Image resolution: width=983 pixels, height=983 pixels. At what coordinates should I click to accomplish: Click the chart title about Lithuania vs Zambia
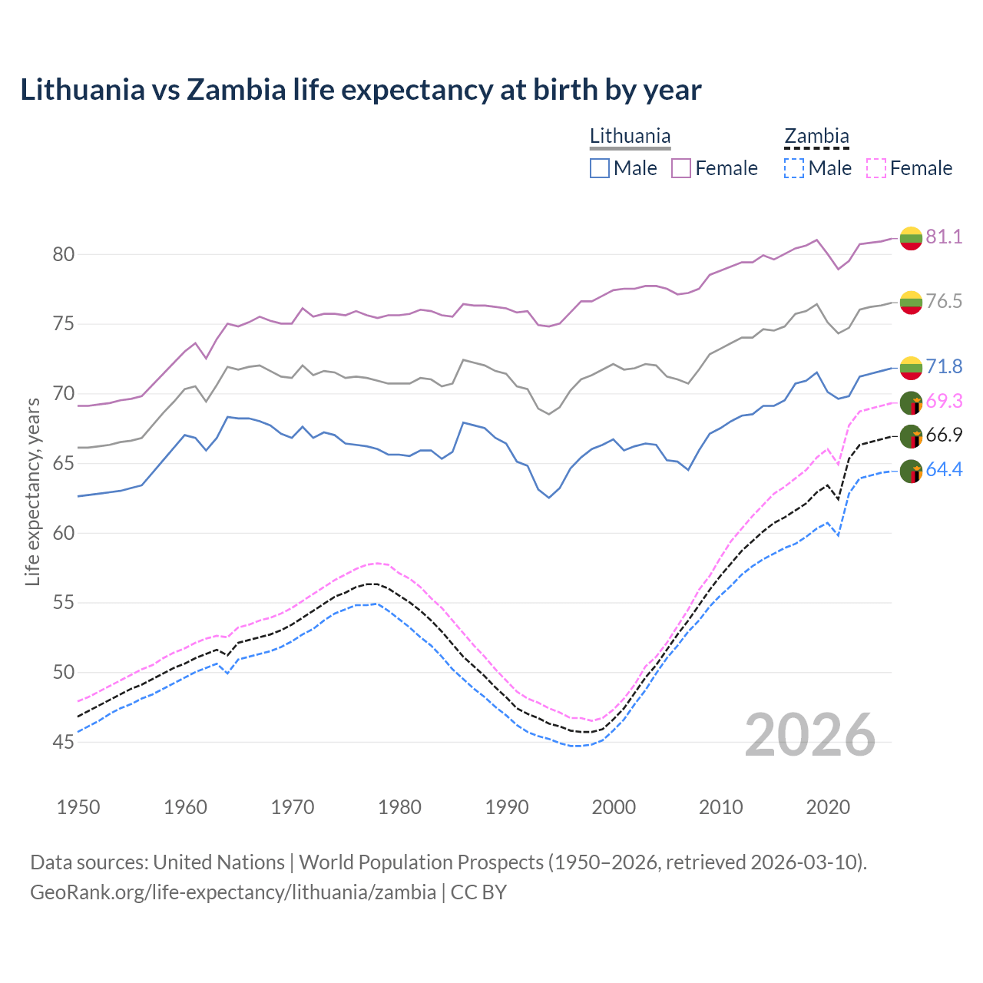tap(360, 90)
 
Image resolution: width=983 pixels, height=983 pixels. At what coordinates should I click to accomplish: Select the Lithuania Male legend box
tap(600, 168)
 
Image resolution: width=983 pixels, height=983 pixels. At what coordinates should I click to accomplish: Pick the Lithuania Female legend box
tap(681, 168)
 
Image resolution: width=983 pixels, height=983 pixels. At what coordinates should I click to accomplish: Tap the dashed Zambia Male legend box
tap(794, 168)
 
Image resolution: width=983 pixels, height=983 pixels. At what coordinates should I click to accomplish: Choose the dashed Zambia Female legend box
tap(876, 168)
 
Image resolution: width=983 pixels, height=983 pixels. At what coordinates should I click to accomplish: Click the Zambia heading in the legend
tap(816, 137)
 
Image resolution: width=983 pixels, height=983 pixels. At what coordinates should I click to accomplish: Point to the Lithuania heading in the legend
tap(630, 137)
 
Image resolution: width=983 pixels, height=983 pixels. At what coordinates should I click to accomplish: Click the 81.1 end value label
tap(944, 237)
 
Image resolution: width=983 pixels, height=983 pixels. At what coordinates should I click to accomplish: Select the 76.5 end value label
tap(944, 301)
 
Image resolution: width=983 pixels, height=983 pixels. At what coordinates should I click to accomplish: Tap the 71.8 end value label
tap(944, 366)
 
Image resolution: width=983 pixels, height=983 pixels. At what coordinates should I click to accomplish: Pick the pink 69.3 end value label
tap(944, 401)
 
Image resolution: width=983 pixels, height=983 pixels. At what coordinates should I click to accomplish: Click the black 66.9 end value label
tap(944, 435)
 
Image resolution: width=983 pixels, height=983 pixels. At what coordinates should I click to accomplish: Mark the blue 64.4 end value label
tap(944, 469)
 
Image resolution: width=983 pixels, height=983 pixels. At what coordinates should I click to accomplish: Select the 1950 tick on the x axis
tap(78, 807)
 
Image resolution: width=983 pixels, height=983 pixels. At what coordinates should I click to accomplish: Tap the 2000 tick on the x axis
tap(614, 807)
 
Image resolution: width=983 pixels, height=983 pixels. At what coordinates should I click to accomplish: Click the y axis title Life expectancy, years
tap(32, 491)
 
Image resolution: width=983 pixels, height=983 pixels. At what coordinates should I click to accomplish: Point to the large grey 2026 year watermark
tap(810, 735)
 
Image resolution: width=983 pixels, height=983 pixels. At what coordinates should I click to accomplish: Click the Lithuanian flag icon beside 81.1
tap(911, 238)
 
